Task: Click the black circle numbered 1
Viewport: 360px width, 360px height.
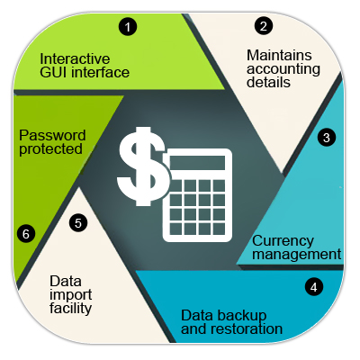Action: (x=128, y=27)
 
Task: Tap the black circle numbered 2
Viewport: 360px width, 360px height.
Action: (x=264, y=26)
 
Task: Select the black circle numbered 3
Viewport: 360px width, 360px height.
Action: (x=327, y=138)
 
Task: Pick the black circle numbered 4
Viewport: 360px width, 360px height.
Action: (x=314, y=287)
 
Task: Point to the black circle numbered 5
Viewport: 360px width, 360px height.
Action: (x=78, y=223)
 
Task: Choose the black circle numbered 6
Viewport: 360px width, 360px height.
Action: (x=26, y=234)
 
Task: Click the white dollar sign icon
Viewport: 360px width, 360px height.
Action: (x=142, y=166)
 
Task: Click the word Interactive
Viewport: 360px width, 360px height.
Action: (x=75, y=58)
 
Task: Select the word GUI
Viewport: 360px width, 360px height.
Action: (x=54, y=72)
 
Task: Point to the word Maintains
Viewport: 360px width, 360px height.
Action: (x=279, y=55)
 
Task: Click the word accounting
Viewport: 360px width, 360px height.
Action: (x=283, y=69)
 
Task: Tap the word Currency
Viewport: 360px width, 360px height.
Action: (x=279, y=241)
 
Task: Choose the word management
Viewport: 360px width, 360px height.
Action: (x=296, y=255)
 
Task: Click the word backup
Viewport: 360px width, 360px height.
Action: (x=240, y=316)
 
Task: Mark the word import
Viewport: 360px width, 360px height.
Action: (x=71, y=295)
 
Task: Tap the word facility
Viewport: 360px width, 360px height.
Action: (x=70, y=309)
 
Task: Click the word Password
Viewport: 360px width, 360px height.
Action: (x=52, y=135)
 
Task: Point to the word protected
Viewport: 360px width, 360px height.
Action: (x=50, y=149)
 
